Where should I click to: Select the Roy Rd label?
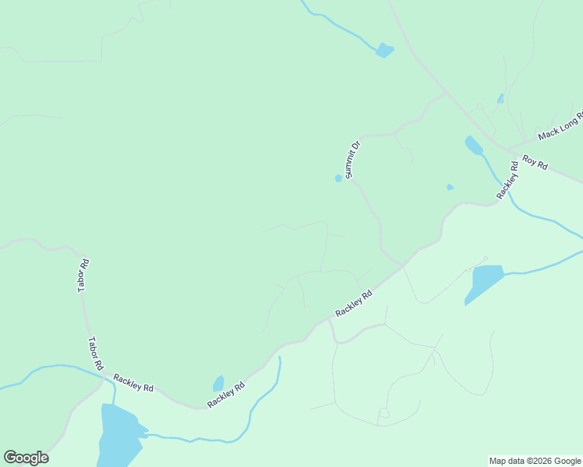(535, 163)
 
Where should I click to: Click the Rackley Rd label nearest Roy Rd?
(508, 181)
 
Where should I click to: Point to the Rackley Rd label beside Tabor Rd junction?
(133, 382)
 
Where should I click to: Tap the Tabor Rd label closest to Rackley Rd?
(95, 353)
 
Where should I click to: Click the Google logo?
(26, 458)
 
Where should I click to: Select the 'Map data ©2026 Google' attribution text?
(535, 461)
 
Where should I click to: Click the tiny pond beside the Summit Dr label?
(338, 178)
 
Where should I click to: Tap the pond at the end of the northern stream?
(384, 51)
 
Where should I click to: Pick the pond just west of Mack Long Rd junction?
(474, 146)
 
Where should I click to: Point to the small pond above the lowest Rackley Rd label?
(219, 383)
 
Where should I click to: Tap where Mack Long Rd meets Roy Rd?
(509, 149)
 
